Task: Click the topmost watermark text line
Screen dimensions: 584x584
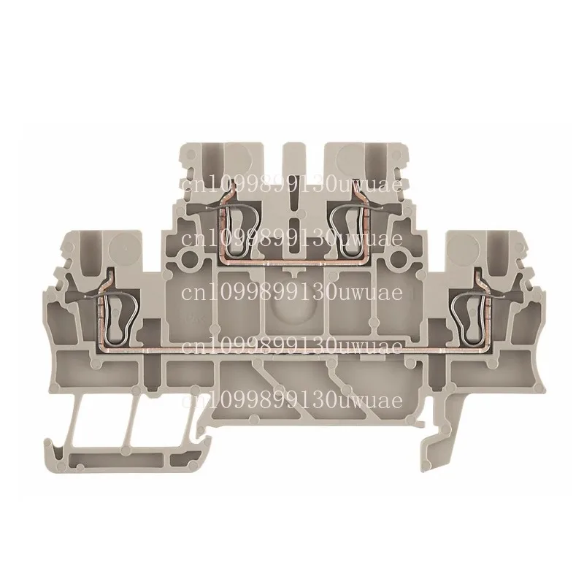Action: coord(291,186)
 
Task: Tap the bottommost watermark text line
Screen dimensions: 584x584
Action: coord(291,400)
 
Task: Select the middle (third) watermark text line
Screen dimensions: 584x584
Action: coord(291,293)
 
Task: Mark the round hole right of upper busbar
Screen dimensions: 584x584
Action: coord(398,258)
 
